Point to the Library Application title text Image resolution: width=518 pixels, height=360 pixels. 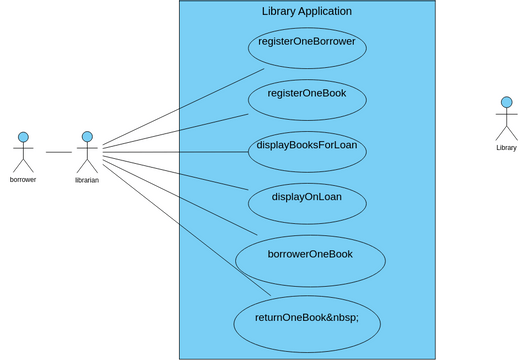tap(306, 11)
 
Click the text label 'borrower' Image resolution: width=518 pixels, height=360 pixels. tap(22, 180)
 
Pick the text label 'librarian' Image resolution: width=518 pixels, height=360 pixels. tap(87, 181)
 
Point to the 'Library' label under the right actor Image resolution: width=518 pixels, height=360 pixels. tap(506, 148)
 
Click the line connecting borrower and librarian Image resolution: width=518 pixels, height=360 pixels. tap(58, 152)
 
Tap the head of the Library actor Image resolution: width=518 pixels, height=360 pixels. tap(506, 102)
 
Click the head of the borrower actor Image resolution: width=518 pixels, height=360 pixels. tap(22, 136)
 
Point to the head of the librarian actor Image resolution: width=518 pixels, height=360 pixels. tap(87, 136)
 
